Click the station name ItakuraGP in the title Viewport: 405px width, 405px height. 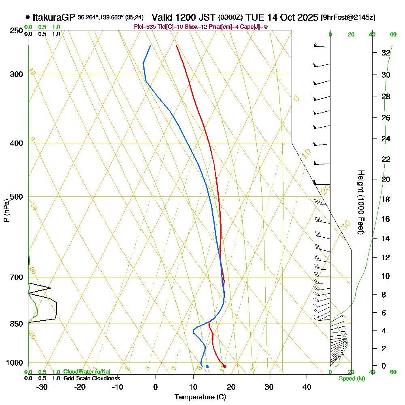tap(54, 17)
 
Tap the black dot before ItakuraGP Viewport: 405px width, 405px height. tap(28, 17)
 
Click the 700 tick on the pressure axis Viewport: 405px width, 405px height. tap(16, 277)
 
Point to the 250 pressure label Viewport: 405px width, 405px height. tap(16, 30)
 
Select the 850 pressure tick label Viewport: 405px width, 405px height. tap(16, 324)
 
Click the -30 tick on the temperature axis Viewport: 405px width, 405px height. tap(42, 387)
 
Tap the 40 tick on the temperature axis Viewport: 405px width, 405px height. tap(307, 387)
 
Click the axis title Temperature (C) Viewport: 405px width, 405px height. tap(200, 397)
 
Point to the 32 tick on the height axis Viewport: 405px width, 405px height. tap(386, 53)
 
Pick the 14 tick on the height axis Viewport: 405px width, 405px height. tap(386, 238)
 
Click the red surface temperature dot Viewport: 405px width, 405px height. tap(225, 367)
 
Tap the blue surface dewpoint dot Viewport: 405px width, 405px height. tap(207, 367)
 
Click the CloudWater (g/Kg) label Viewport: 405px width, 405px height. tap(87, 372)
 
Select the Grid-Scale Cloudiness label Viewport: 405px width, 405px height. tap(92, 378)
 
